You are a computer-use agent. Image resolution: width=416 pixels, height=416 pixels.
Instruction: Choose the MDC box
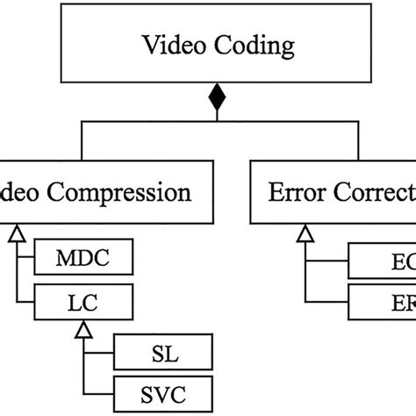pos(82,261)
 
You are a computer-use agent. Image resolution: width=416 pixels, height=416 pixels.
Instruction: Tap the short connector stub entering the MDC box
pos(25,261)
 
